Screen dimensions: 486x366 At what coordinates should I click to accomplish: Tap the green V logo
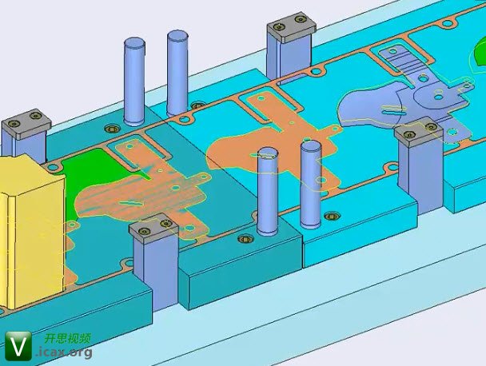(x=18, y=345)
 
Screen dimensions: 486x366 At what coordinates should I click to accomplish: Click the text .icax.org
(x=65, y=352)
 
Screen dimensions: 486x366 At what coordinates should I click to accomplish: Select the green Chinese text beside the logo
(x=68, y=338)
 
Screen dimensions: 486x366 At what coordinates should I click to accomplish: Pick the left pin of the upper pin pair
(x=134, y=82)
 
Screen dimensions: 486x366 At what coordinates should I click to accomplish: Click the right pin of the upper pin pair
(x=177, y=73)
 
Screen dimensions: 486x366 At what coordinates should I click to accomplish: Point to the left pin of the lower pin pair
(x=268, y=190)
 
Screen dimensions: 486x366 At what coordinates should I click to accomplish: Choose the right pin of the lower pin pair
(x=311, y=184)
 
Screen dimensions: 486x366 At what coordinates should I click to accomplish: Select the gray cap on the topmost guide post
(x=292, y=27)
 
